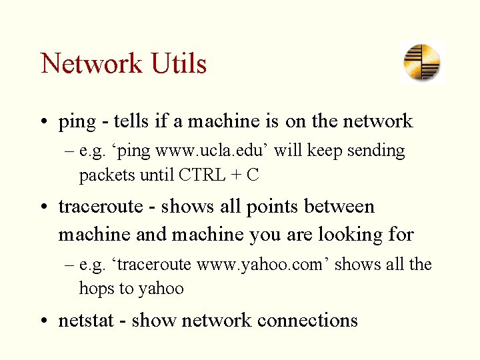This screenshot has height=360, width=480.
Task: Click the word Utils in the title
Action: point(179,64)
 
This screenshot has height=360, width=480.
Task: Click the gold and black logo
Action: point(422,62)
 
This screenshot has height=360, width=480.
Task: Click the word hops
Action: point(95,289)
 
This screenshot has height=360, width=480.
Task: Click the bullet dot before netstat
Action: point(44,321)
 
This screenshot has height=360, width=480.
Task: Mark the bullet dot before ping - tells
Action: point(44,122)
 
